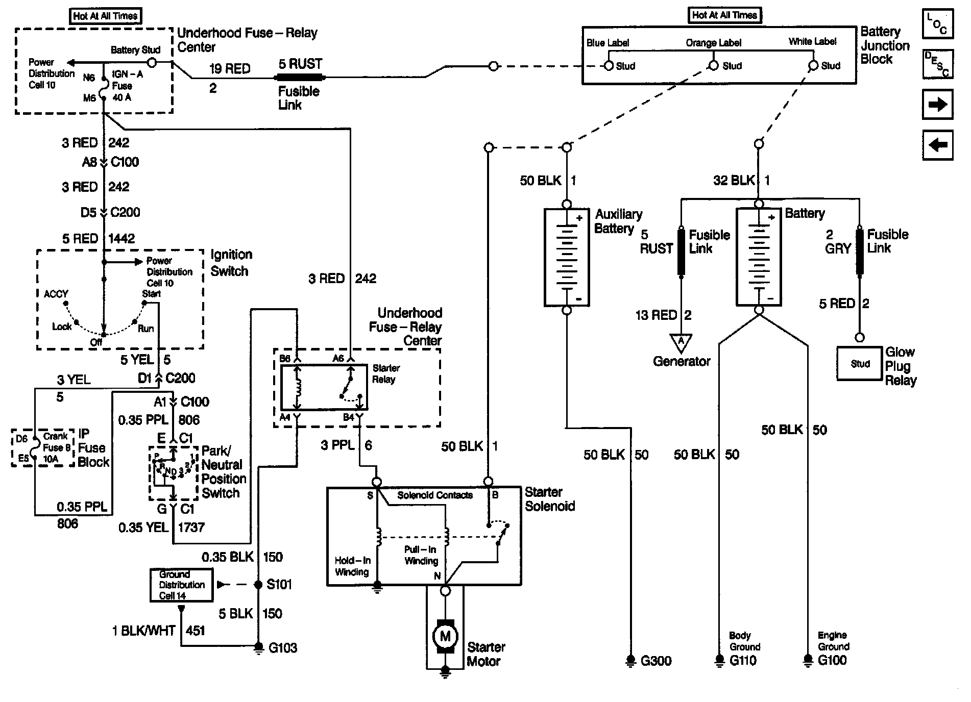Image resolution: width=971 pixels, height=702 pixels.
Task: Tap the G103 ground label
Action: [283, 648]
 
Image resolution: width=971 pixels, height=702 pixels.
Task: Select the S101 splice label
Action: [279, 584]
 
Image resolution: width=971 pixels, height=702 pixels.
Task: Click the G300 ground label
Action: [656, 661]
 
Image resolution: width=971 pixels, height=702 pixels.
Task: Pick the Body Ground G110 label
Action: [744, 648]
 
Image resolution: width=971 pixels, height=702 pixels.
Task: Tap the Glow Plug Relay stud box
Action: [860, 364]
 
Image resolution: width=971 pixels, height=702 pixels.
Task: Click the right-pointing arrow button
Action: [937, 105]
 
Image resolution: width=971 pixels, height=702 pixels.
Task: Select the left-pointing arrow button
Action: [937, 145]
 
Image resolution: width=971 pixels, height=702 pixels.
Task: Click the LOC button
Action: [938, 23]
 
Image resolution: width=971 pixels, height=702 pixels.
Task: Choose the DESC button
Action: [938, 64]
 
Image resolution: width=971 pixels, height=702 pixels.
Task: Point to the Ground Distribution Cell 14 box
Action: [182, 585]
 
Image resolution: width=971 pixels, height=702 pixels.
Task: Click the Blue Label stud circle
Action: [608, 66]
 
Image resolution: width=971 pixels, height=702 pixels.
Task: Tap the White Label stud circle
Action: [813, 66]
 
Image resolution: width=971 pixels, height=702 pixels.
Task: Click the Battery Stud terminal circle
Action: [152, 62]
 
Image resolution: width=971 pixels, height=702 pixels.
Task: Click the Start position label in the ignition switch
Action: [151, 293]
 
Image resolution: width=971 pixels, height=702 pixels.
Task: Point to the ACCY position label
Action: [56, 294]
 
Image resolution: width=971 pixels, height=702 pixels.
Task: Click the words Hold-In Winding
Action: [352, 566]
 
